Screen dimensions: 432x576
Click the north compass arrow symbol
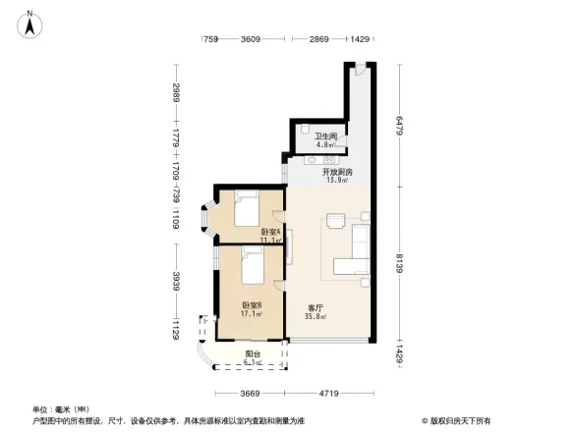point(30,25)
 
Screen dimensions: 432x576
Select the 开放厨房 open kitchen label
point(337,172)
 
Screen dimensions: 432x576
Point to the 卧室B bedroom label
point(252,305)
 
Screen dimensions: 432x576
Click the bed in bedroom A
point(245,209)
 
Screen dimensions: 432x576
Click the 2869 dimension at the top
point(317,38)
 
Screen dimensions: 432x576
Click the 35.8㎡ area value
point(316,317)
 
